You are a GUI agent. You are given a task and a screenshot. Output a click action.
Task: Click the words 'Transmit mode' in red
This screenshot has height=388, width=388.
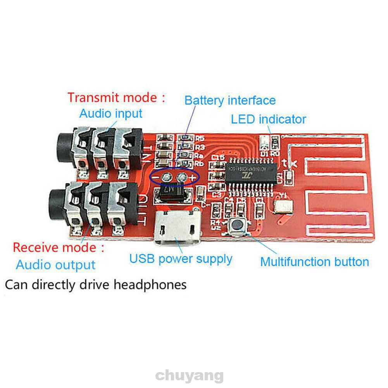pyautogui.click(x=112, y=97)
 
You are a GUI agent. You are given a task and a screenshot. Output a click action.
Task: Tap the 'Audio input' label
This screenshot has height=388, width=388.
pyautogui.click(x=111, y=114)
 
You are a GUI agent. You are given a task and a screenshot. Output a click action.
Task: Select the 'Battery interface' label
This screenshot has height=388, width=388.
pyautogui.click(x=230, y=100)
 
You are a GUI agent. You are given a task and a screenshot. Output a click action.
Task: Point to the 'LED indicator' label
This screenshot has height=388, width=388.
pyautogui.click(x=268, y=119)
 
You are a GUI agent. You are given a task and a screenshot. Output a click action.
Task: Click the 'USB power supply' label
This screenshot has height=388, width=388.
pyautogui.click(x=181, y=259)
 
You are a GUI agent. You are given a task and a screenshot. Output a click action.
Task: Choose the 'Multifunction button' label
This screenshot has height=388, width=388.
pyautogui.click(x=314, y=262)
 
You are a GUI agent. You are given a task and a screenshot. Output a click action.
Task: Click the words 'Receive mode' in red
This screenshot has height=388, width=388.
pyautogui.click(x=54, y=247)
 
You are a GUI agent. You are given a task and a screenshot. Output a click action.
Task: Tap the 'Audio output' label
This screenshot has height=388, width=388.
pyautogui.click(x=55, y=266)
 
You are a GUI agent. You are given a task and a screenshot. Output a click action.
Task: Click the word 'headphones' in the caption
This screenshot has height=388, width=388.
pyautogui.click(x=150, y=285)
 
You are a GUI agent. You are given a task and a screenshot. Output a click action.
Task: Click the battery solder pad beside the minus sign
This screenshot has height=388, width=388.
pyautogui.click(x=166, y=178)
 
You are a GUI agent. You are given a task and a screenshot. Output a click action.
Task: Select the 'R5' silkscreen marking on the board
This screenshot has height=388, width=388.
pyautogui.click(x=200, y=138)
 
